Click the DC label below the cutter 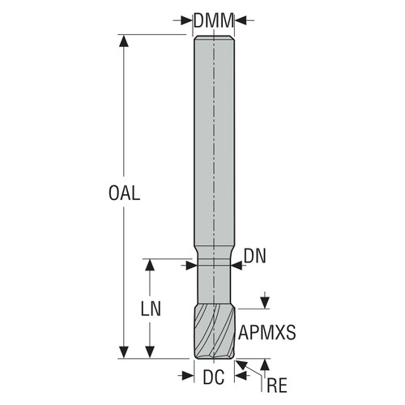(x=214, y=377)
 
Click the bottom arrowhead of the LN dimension (x=148, y=353)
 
